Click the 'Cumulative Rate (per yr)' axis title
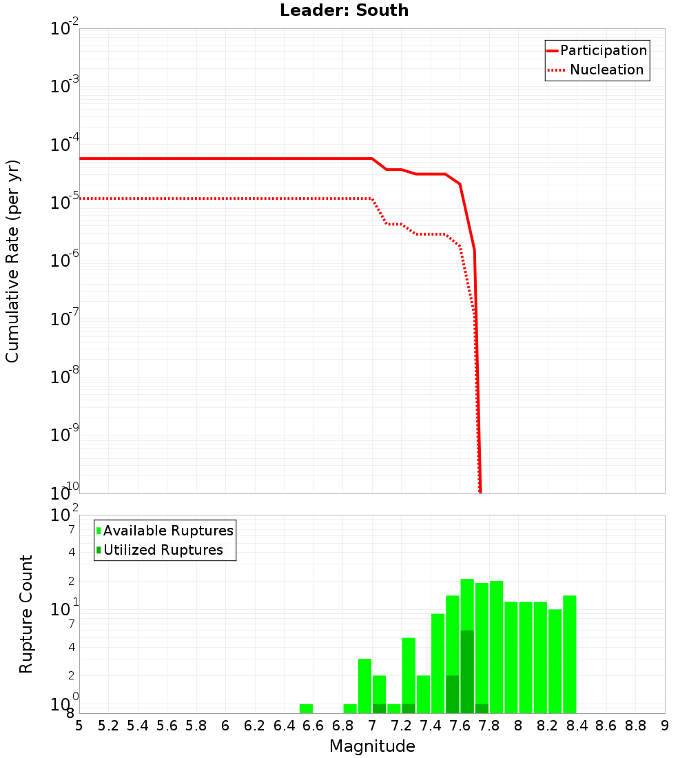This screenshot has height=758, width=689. click(12, 260)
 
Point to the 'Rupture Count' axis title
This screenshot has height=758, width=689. click(26, 614)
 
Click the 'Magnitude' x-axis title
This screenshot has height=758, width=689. click(372, 746)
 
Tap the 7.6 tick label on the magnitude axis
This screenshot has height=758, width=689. click(460, 726)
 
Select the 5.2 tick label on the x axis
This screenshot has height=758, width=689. click(108, 726)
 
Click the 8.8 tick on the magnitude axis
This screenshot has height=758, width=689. click(636, 726)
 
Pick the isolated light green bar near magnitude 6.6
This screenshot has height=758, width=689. click(306, 708)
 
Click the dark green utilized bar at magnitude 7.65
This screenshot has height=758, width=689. click(467, 672)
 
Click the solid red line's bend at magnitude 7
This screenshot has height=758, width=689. click(372, 158)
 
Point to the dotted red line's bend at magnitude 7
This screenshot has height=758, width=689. click(372, 198)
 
